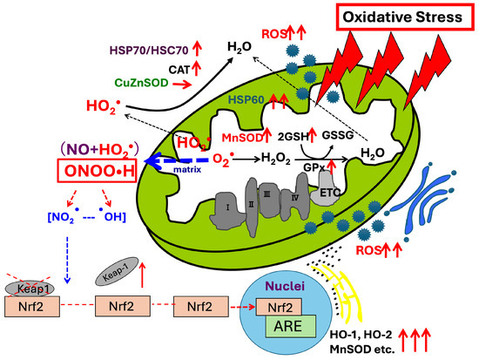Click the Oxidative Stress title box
[x=405, y=17]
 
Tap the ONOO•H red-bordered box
[x=98, y=171]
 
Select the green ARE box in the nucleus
[x=291, y=326]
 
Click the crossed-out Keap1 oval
[x=30, y=289]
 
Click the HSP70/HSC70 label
[x=149, y=51]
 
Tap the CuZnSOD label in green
[x=141, y=83]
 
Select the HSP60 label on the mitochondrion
[x=246, y=99]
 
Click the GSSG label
[x=338, y=135]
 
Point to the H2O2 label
[x=275, y=159]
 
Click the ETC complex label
[x=330, y=193]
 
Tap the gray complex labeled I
[x=227, y=210]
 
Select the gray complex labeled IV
[x=294, y=197]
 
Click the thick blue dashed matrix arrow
[x=178, y=161]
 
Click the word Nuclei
[x=286, y=286]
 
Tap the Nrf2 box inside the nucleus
[x=279, y=307]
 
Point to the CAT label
[x=179, y=70]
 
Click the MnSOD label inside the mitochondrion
[x=242, y=138]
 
